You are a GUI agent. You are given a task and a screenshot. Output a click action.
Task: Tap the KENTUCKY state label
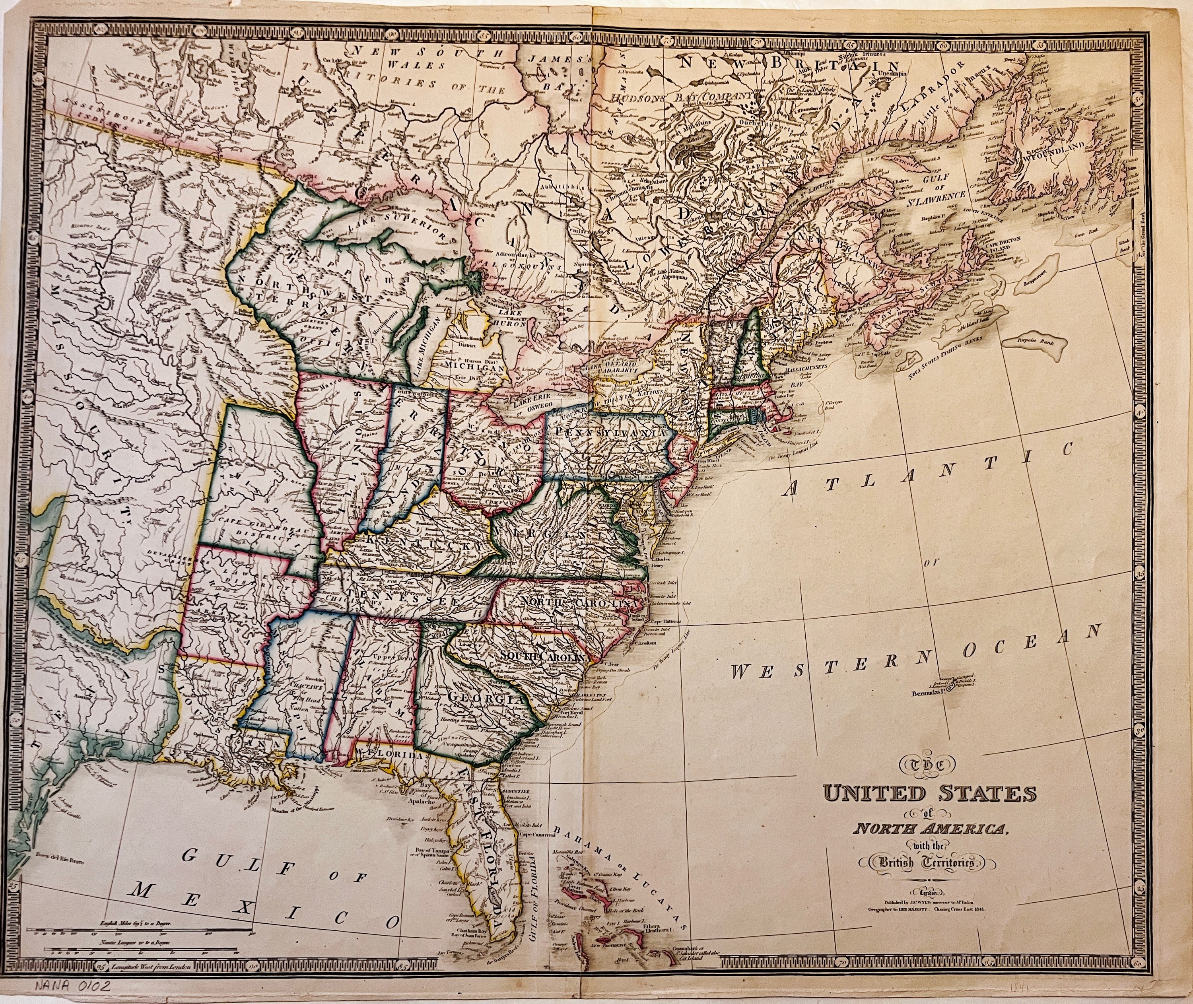(x=421, y=542)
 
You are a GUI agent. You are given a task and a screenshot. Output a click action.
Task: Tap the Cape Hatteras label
(x=670, y=621)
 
